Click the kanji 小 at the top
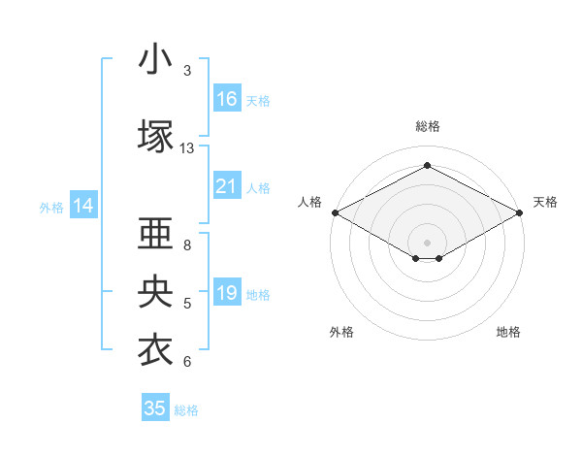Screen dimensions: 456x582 tap(155, 59)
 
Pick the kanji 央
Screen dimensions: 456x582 tap(155, 292)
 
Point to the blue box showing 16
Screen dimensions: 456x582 tap(227, 99)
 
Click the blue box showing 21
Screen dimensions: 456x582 tap(227, 186)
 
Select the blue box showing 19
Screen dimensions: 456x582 tap(227, 293)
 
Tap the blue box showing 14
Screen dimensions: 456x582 tap(83, 206)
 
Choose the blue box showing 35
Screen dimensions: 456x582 tap(155, 408)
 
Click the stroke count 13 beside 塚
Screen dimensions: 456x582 tap(187, 148)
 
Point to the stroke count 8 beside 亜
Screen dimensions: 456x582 tap(187, 245)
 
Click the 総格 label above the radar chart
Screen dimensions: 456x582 tap(427, 126)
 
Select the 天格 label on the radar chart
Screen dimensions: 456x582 tap(545, 202)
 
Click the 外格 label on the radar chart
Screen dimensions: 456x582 tap(341, 332)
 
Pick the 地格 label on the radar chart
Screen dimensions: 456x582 tap(508, 332)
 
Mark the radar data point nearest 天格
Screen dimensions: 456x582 tap(521, 212)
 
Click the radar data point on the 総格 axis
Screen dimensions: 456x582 tap(427, 166)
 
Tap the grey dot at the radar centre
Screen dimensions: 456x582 tap(427, 242)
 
